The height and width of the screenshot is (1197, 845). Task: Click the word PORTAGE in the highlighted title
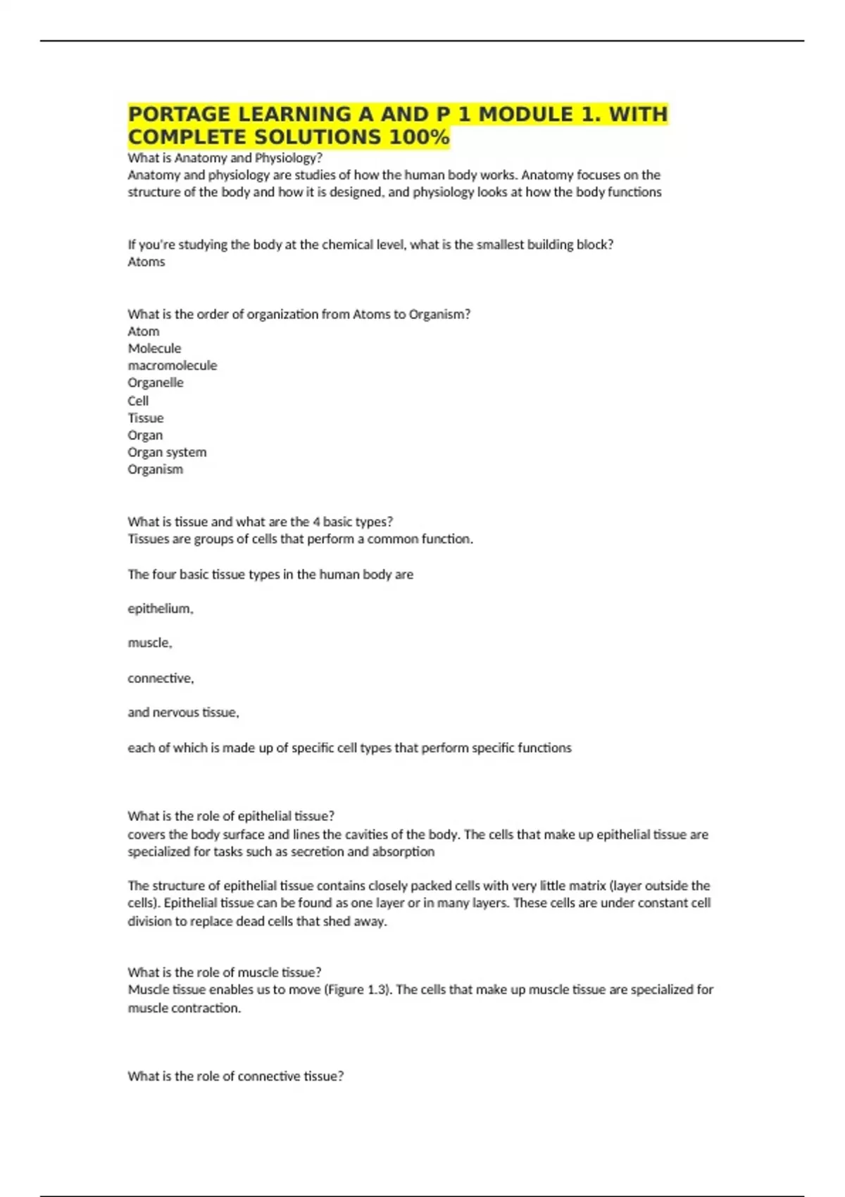180,114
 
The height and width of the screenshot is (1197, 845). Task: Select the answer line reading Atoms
146,262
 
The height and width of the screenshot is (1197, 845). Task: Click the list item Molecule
154,349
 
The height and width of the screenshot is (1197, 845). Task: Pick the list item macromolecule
173,365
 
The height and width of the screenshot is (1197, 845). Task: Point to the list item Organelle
156,382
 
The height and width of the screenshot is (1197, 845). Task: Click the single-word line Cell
138,401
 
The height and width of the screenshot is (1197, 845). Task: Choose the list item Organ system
167,452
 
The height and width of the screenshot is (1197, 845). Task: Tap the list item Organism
155,469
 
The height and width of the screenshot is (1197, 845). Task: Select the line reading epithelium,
161,608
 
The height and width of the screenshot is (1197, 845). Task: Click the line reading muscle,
149,642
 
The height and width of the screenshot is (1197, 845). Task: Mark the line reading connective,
161,678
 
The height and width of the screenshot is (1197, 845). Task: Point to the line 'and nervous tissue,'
183,712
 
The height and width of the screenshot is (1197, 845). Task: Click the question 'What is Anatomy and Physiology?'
225,158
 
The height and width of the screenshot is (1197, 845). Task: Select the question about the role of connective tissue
235,1076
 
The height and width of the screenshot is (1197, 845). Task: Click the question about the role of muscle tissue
224,972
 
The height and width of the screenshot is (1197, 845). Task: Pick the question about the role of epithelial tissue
231,816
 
